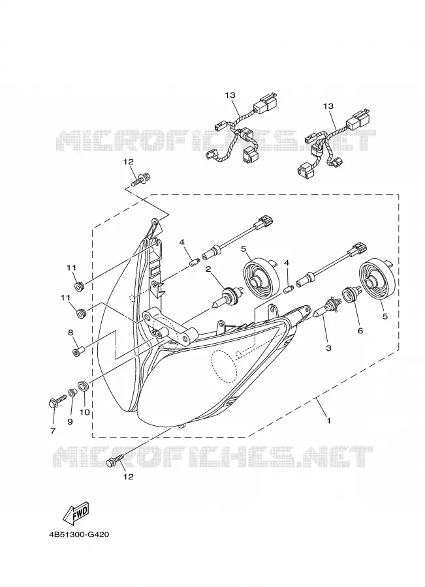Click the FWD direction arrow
77,512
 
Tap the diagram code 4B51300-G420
79,534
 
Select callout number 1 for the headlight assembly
328,421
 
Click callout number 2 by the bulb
209,269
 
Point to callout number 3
328,348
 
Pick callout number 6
360,331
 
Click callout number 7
53,431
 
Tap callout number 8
71,333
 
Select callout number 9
70,421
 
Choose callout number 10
85,412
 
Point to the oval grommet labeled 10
82,385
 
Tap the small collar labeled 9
72,393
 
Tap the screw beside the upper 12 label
142,178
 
